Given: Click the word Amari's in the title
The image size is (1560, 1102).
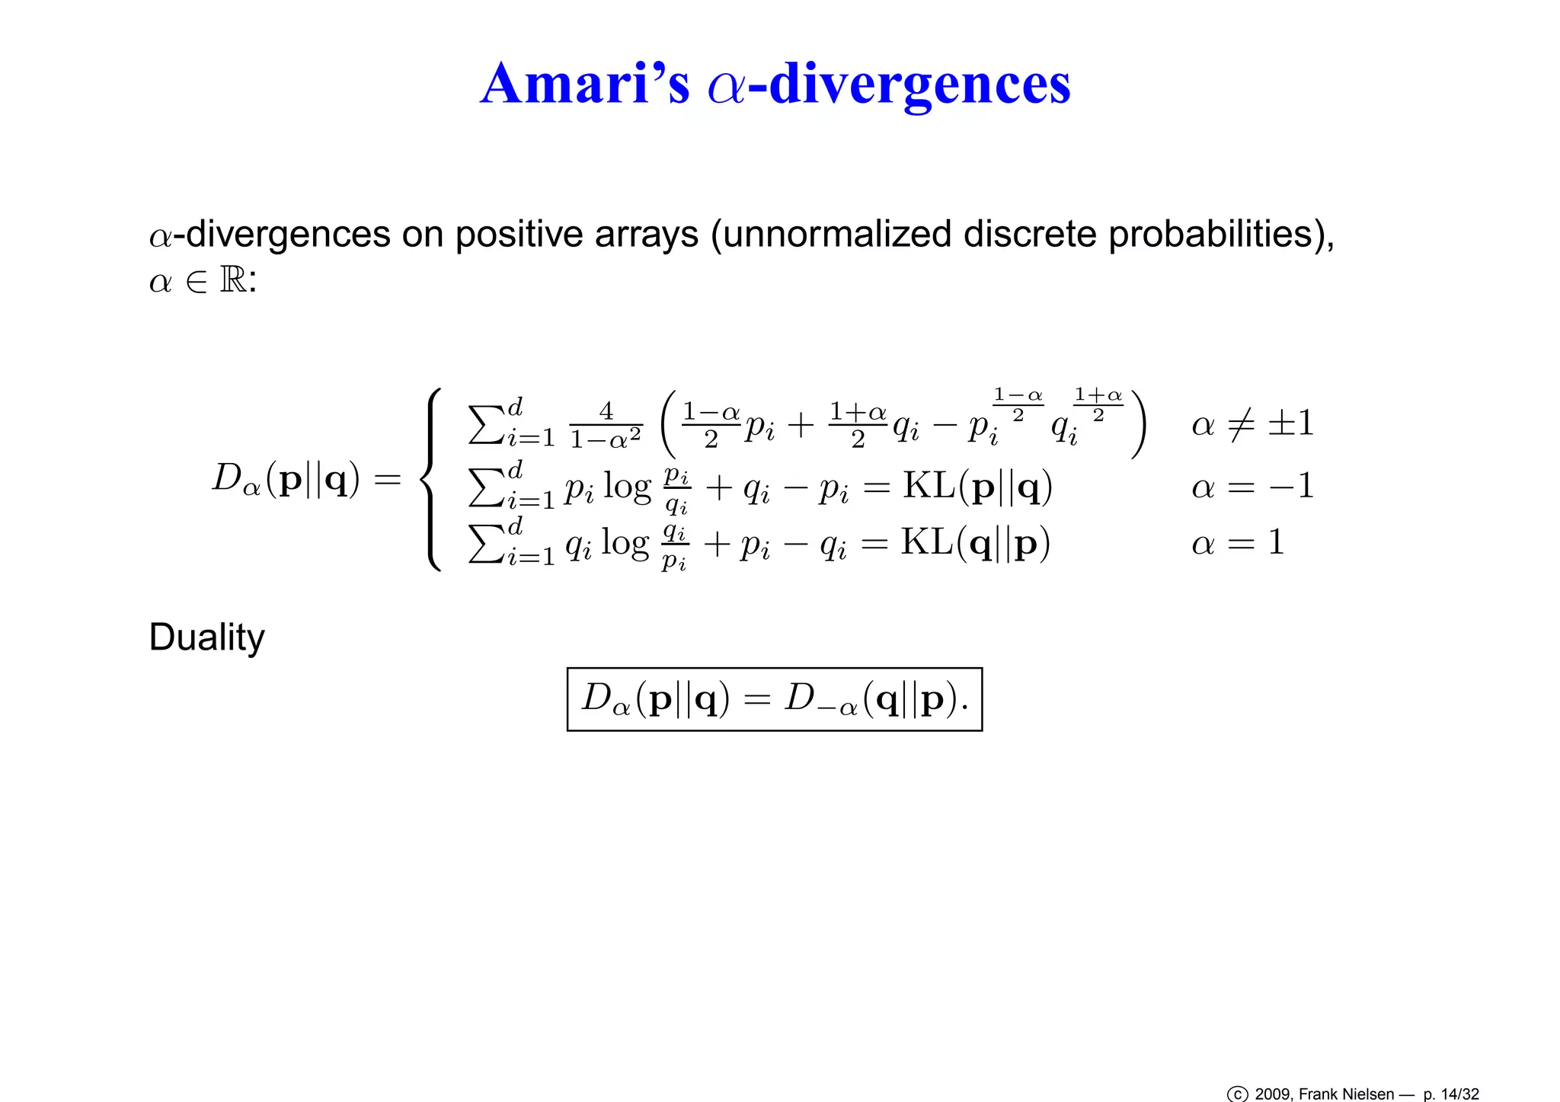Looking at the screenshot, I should tap(585, 84).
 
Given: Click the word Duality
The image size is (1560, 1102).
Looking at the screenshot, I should tap(206, 637).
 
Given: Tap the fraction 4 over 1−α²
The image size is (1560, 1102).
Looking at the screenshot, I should tap(606, 425).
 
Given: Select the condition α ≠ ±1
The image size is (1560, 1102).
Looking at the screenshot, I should tap(1253, 423).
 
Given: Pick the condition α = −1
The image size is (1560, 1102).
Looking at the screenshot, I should tap(1253, 486).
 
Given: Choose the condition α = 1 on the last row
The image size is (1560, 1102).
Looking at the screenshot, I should tap(1239, 542).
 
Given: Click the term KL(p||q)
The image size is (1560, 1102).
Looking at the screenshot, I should tap(977, 486).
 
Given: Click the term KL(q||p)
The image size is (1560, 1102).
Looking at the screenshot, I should tap(976, 542).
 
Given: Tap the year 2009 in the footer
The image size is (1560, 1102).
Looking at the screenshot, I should tap(1272, 1094).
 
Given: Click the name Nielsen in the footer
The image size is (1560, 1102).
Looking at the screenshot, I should tap(1369, 1094).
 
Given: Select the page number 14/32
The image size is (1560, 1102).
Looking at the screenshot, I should tap(1459, 1094).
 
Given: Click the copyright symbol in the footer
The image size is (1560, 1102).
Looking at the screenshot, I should tap(1237, 1094).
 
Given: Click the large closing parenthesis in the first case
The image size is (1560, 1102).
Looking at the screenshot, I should tap(1138, 424).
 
